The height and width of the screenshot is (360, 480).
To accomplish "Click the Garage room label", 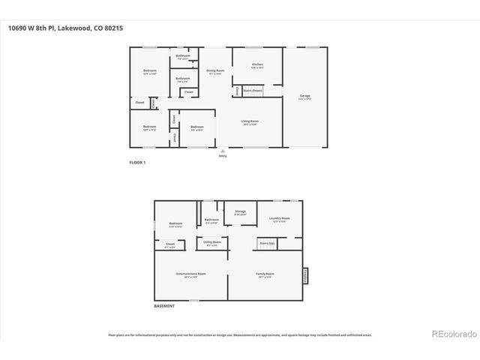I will (304, 96).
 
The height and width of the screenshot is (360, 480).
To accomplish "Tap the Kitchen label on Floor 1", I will (256, 65).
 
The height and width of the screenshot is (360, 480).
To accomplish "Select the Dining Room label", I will (215, 70).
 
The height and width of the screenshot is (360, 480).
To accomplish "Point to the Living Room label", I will (250, 121).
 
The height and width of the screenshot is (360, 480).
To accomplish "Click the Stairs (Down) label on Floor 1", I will (252, 90).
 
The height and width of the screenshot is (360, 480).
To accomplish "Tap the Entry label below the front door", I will (222, 155).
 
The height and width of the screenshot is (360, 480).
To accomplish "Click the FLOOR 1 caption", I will (137, 162).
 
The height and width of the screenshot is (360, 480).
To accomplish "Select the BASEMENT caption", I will (163, 306).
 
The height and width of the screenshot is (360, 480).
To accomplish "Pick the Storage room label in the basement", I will (240, 212).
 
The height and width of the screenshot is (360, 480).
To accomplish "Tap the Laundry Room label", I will (280, 218).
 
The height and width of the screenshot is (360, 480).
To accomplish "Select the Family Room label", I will (265, 274).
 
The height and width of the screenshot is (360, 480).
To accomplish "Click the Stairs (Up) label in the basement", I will (267, 244).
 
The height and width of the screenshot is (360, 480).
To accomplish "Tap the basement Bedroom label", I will (175, 223).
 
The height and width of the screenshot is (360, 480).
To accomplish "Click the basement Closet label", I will (170, 244).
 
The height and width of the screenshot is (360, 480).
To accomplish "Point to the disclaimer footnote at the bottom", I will (239, 335).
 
